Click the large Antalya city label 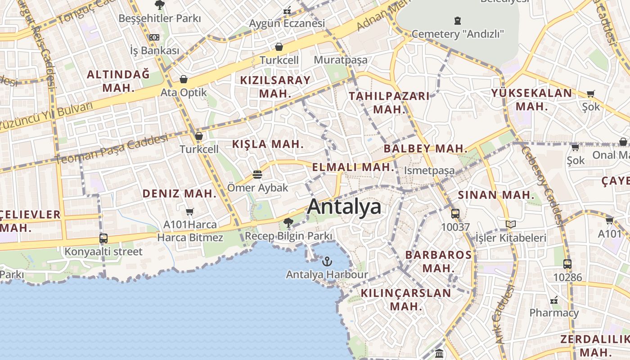344,207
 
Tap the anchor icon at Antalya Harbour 327,261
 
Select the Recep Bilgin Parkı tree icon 288,222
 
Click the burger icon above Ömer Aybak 257,174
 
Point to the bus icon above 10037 455,213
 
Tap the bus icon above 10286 567,264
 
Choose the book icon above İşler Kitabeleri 510,224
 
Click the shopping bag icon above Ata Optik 184,80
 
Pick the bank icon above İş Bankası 154,37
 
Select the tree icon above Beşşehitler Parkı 159,5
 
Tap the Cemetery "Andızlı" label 458,34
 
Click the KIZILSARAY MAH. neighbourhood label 275,87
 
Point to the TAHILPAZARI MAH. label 389,103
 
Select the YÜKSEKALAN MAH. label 532,99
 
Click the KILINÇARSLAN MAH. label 406,300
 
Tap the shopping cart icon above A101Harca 190,211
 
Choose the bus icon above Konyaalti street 103,238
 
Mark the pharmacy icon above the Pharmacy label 554,300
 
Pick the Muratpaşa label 341,60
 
